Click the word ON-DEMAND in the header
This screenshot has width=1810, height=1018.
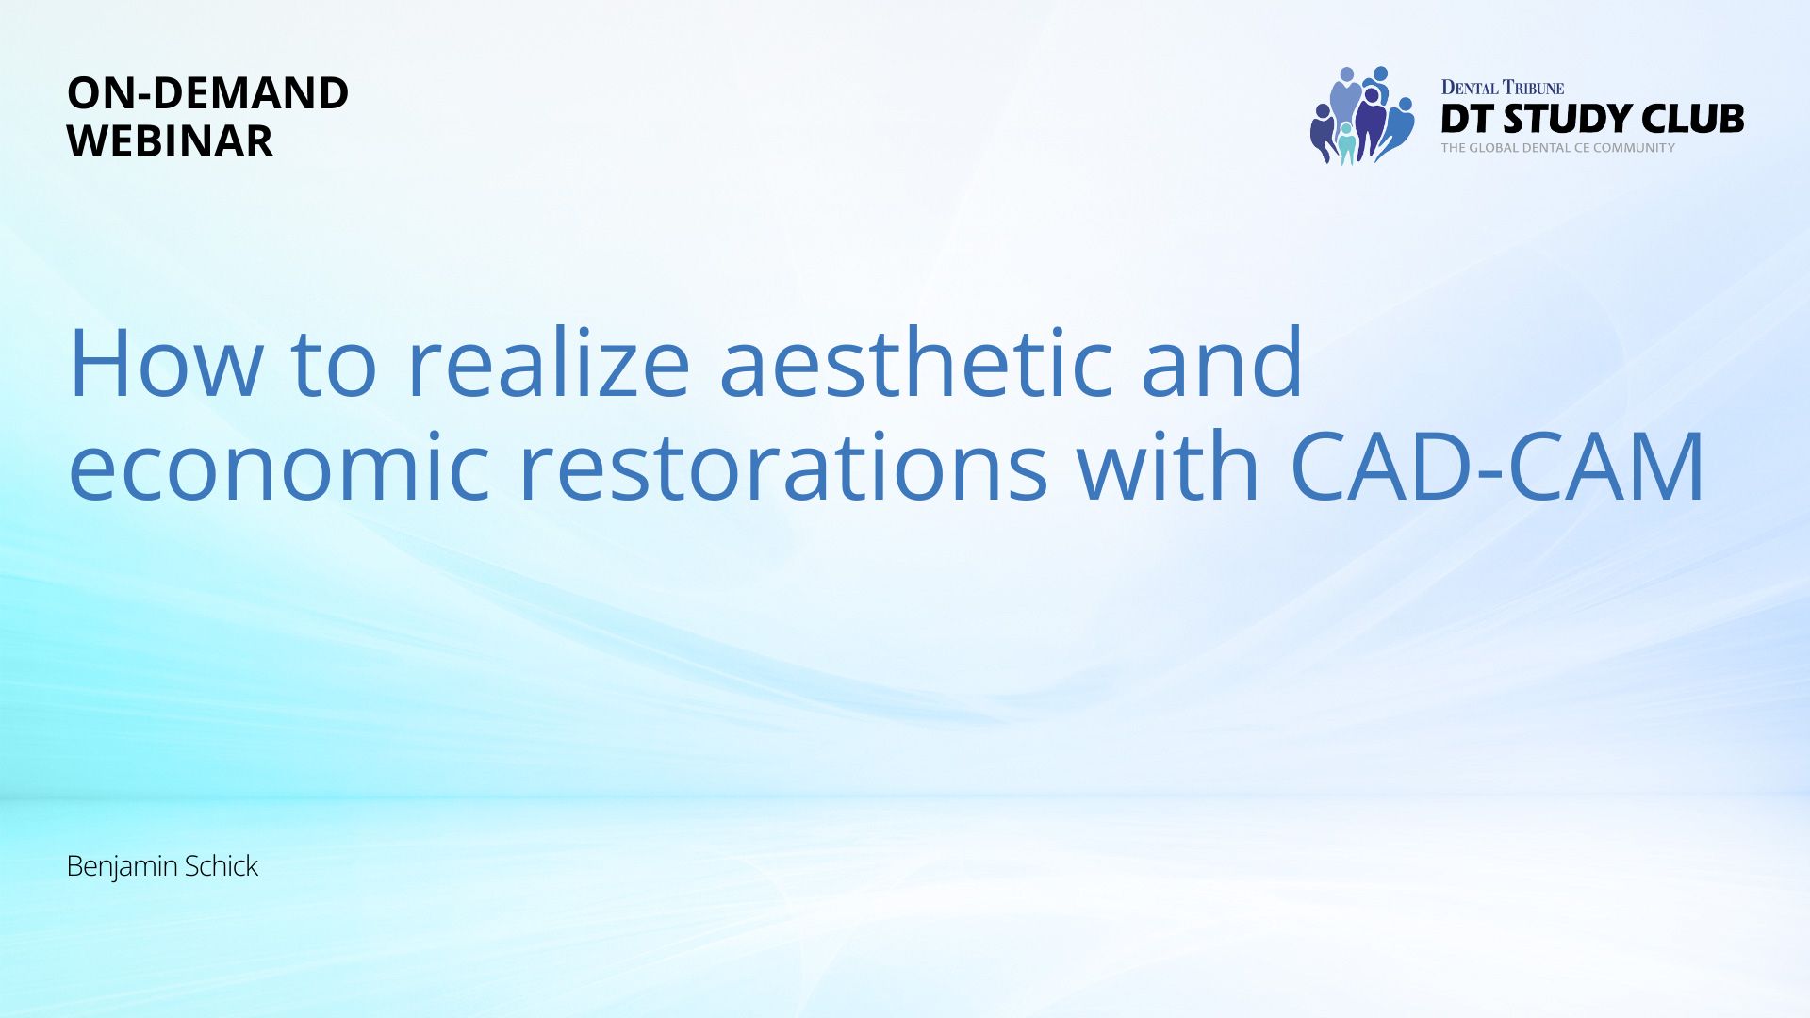click(208, 92)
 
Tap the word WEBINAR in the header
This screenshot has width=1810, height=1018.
click(171, 140)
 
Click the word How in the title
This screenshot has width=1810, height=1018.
click(166, 364)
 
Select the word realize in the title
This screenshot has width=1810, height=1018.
click(549, 364)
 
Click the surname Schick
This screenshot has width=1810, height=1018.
click(221, 865)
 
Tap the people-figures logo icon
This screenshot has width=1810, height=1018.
click(1362, 116)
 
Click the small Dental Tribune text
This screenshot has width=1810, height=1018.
click(1503, 88)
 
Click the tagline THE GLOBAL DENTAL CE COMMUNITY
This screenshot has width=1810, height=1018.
click(1558, 148)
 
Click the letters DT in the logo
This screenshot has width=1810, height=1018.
click(1467, 119)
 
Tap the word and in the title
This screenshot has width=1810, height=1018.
click(1223, 364)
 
